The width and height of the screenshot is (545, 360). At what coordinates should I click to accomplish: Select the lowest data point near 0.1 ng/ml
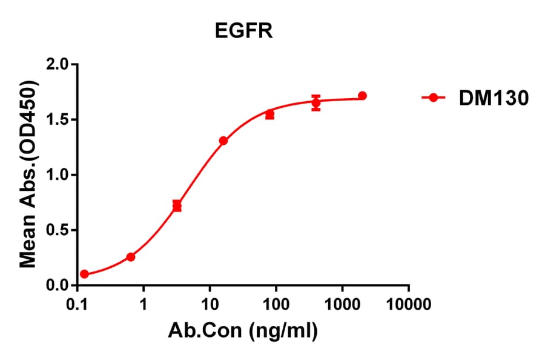[84, 274]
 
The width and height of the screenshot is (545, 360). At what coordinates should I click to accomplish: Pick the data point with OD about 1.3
[223, 141]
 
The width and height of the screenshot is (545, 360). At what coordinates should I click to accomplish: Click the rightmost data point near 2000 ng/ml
[362, 96]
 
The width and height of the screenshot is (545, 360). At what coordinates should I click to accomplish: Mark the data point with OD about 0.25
[131, 257]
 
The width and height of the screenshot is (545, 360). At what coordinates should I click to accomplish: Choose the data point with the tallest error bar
[316, 103]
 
